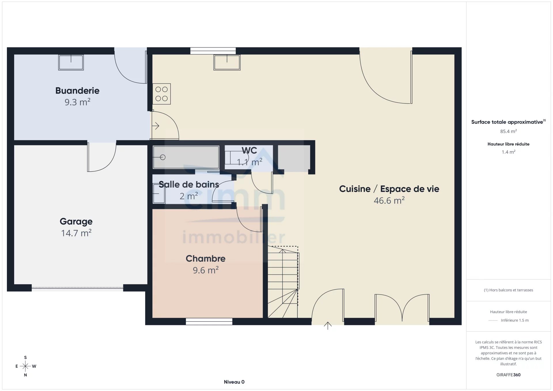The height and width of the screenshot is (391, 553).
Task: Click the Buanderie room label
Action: [x=77, y=91]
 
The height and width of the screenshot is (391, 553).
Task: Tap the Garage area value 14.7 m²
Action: [x=76, y=233]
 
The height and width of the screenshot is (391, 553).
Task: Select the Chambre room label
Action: [x=205, y=259]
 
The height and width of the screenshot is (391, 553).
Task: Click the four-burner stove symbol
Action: [x=162, y=94]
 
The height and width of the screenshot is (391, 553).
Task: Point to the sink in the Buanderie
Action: [x=71, y=62]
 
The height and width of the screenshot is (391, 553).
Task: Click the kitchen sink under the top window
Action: [x=227, y=62]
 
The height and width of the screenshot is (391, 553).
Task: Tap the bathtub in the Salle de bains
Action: [x=186, y=157]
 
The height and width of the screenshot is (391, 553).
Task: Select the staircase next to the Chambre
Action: [x=283, y=282]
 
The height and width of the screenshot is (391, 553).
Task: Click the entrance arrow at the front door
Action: [x=328, y=326]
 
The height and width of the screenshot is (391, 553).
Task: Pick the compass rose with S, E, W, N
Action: [x=25, y=366]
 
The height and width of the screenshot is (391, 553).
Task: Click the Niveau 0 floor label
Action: [x=234, y=382]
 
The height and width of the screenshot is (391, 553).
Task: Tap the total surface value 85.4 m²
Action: [x=508, y=131]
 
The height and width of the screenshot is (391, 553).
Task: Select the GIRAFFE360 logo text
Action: [x=508, y=375]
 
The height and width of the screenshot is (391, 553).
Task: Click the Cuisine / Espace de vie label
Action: [x=389, y=189]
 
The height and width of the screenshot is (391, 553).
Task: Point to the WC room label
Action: [x=249, y=150]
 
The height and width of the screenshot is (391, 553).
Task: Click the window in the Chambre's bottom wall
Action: [x=209, y=322]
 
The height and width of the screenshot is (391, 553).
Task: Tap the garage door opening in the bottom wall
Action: [x=77, y=288]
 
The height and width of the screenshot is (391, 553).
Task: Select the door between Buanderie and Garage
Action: [x=102, y=157]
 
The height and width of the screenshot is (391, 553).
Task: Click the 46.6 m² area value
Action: [x=389, y=200]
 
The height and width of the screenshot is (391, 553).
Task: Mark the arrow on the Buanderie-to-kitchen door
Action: [x=156, y=126]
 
